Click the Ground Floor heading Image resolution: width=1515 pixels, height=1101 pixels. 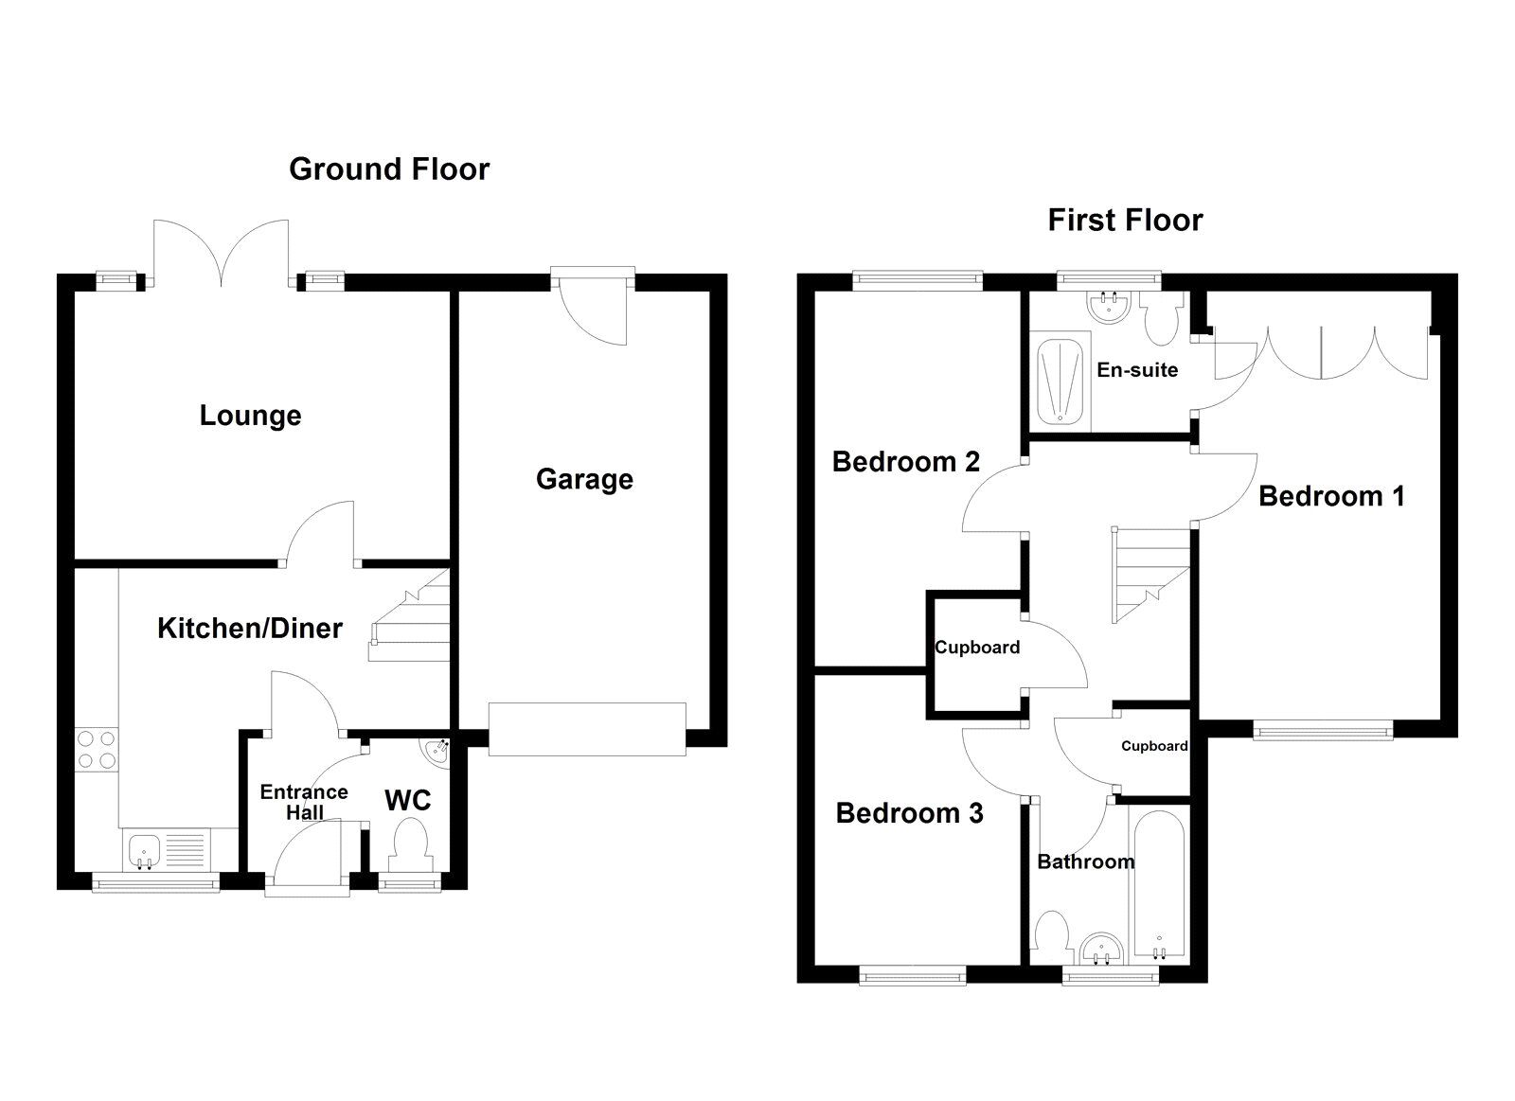click(389, 169)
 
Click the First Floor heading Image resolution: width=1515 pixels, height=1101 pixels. click(1125, 221)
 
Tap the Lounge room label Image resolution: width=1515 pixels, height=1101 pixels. click(250, 416)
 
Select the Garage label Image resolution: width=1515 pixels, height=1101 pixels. click(584, 479)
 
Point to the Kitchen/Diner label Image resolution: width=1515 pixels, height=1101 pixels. click(250, 629)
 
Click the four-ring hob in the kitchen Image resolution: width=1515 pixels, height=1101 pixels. click(96, 749)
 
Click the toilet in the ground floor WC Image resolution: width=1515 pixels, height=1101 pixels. click(411, 844)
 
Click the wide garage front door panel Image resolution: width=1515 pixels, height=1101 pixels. click(587, 729)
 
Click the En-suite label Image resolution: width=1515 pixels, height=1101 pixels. click(1137, 370)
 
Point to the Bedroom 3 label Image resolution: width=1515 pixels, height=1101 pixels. click(910, 813)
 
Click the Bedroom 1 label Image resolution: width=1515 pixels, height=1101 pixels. click(1331, 496)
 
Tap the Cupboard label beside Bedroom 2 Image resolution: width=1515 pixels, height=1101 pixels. click(977, 648)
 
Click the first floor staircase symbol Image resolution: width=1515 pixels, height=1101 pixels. click(1149, 575)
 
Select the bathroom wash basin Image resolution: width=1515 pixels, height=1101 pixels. click(1101, 948)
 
